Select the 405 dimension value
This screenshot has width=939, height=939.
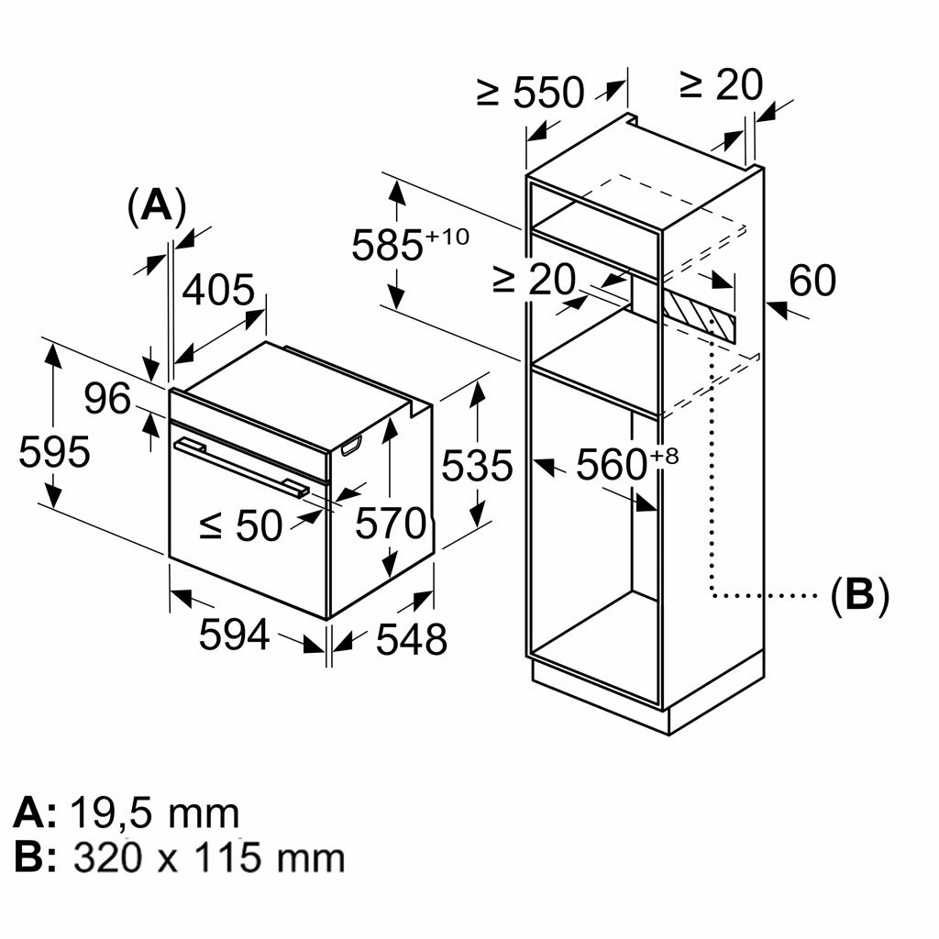218,291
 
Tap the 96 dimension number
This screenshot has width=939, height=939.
108,399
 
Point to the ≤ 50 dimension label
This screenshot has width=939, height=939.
240,525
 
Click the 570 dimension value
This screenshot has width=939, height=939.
391,524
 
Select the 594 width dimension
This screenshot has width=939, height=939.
235,635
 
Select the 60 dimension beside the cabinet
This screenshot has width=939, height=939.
812,281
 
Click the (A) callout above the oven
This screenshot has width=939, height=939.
156,206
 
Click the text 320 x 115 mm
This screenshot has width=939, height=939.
209,857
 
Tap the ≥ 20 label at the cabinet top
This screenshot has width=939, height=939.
721,84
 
